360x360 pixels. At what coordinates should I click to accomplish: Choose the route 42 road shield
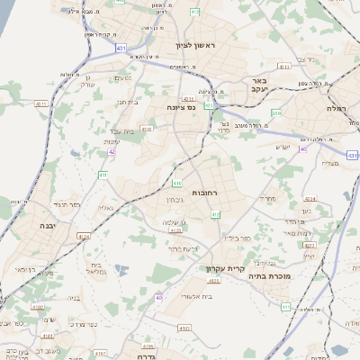click(112, 152)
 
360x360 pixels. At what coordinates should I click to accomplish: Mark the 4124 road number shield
click(84, 237)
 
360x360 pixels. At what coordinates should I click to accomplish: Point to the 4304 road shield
click(309, 198)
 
